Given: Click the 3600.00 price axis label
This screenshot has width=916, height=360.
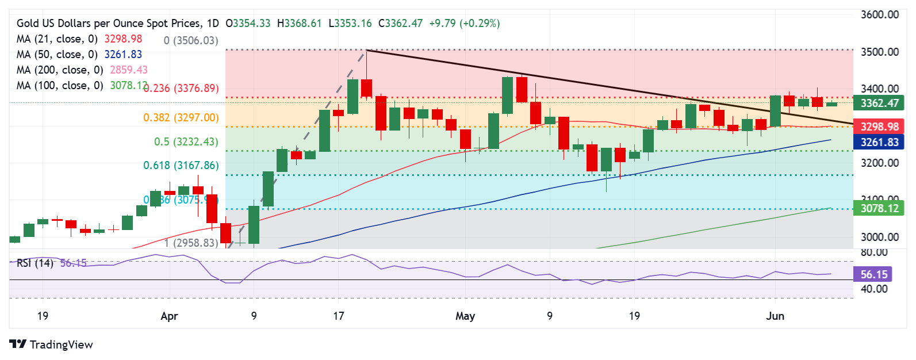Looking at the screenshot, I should [x=879, y=15].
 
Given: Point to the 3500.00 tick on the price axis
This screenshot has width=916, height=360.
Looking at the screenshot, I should [x=879, y=52].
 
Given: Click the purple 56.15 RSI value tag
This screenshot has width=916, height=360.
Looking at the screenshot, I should [x=874, y=275].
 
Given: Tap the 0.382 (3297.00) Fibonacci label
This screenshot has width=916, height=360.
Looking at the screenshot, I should [x=181, y=118].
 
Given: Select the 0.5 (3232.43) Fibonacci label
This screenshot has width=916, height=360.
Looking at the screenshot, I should [x=186, y=142].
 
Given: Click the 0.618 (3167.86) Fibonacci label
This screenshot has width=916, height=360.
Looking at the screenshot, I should [x=181, y=166].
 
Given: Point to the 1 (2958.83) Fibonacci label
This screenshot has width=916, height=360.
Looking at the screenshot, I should [x=191, y=243].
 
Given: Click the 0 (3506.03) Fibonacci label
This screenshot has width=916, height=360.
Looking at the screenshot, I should [x=191, y=41].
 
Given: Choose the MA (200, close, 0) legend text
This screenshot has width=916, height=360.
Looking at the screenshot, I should [x=60, y=70].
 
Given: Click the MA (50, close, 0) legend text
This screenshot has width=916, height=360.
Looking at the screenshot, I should [x=57, y=55].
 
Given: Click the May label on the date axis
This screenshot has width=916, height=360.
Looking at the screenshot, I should [x=465, y=316].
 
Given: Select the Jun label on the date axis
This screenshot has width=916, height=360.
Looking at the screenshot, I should [x=775, y=316].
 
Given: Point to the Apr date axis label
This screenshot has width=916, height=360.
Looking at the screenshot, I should [x=170, y=316].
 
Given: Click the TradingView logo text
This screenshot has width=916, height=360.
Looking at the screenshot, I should [x=61, y=344].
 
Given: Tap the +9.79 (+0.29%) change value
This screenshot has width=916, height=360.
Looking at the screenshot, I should [x=465, y=24].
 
